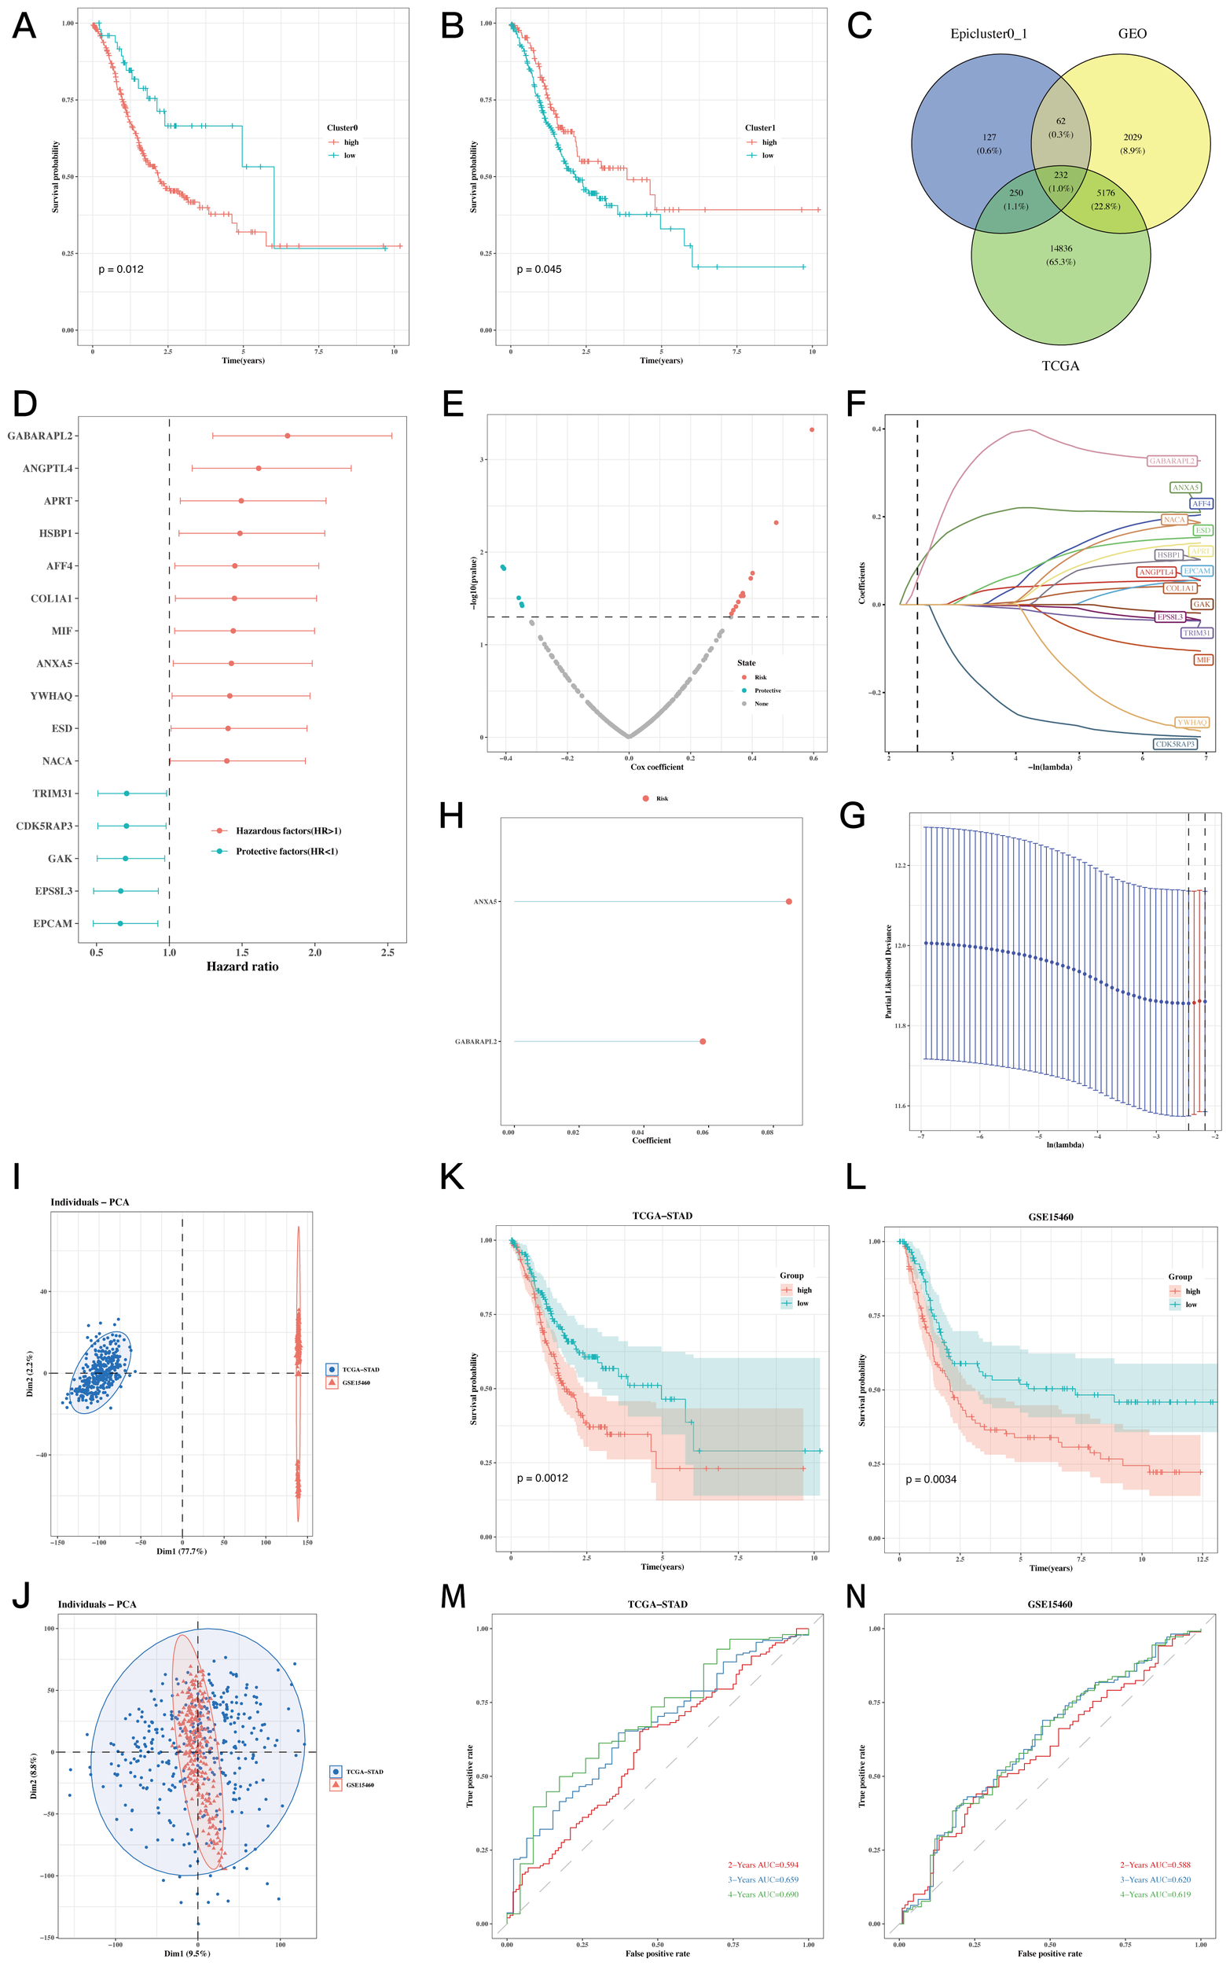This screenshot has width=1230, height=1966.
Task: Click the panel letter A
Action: [24, 26]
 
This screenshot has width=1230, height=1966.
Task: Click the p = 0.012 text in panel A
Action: [120, 270]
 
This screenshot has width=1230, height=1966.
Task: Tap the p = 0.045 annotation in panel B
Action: [538, 270]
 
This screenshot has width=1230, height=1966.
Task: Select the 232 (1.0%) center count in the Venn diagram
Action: [1061, 182]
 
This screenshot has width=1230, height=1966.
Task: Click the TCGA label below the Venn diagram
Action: [1061, 366]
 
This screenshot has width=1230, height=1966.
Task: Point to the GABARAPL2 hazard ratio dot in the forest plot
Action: [287, 436]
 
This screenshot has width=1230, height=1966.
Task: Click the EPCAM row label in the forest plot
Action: [53, 923]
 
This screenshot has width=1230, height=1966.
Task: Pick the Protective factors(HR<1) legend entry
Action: [286, 851]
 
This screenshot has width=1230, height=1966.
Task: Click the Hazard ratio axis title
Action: [242, 966]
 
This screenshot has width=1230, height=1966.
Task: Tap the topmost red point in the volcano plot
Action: [812, 429]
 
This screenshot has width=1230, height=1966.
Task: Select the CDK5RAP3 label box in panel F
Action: [1176, 744]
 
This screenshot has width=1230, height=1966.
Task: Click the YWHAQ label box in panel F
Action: [1191, 722]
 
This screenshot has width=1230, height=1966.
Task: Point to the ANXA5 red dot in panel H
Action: [789, 902]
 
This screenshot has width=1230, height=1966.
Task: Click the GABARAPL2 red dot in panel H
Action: [703, 1042]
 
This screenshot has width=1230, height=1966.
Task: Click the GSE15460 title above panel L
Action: [1049, 1217]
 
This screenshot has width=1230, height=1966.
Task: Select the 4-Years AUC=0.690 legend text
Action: [763, 1894]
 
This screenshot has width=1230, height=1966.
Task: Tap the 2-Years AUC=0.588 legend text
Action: [1155, 1865]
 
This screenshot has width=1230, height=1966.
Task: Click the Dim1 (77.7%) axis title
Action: [182, 1551]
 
